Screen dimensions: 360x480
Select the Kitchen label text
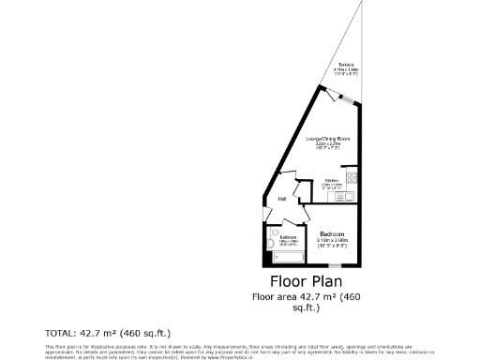coord(331,180)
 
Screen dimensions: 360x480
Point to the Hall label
coord(281,199)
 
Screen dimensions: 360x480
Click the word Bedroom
coord(332,233)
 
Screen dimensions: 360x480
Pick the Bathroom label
coord(289,238)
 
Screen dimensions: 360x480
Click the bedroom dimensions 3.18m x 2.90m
coord(332,241)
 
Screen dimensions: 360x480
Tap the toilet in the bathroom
coord(272,234)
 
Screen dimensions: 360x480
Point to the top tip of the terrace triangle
coord(361,3)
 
